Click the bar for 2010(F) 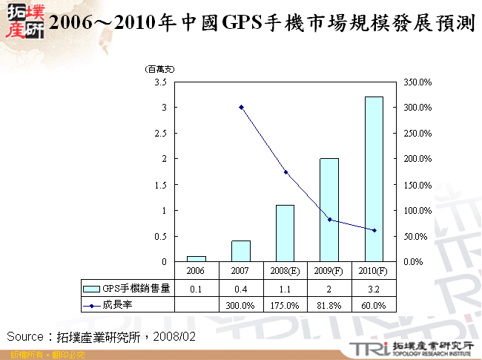point(374,179)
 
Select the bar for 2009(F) point(329,210)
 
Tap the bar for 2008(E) point(285,233)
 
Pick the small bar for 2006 point(197,258)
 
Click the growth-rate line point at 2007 point(241,107)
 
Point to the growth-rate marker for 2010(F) point(374,230)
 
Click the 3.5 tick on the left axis point(161,82)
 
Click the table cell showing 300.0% point(241,305)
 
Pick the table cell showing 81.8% point(329,305)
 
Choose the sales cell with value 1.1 point(285,288)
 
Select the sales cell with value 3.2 point(374,288)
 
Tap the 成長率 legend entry point(119,305)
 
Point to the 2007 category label point(241,272)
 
